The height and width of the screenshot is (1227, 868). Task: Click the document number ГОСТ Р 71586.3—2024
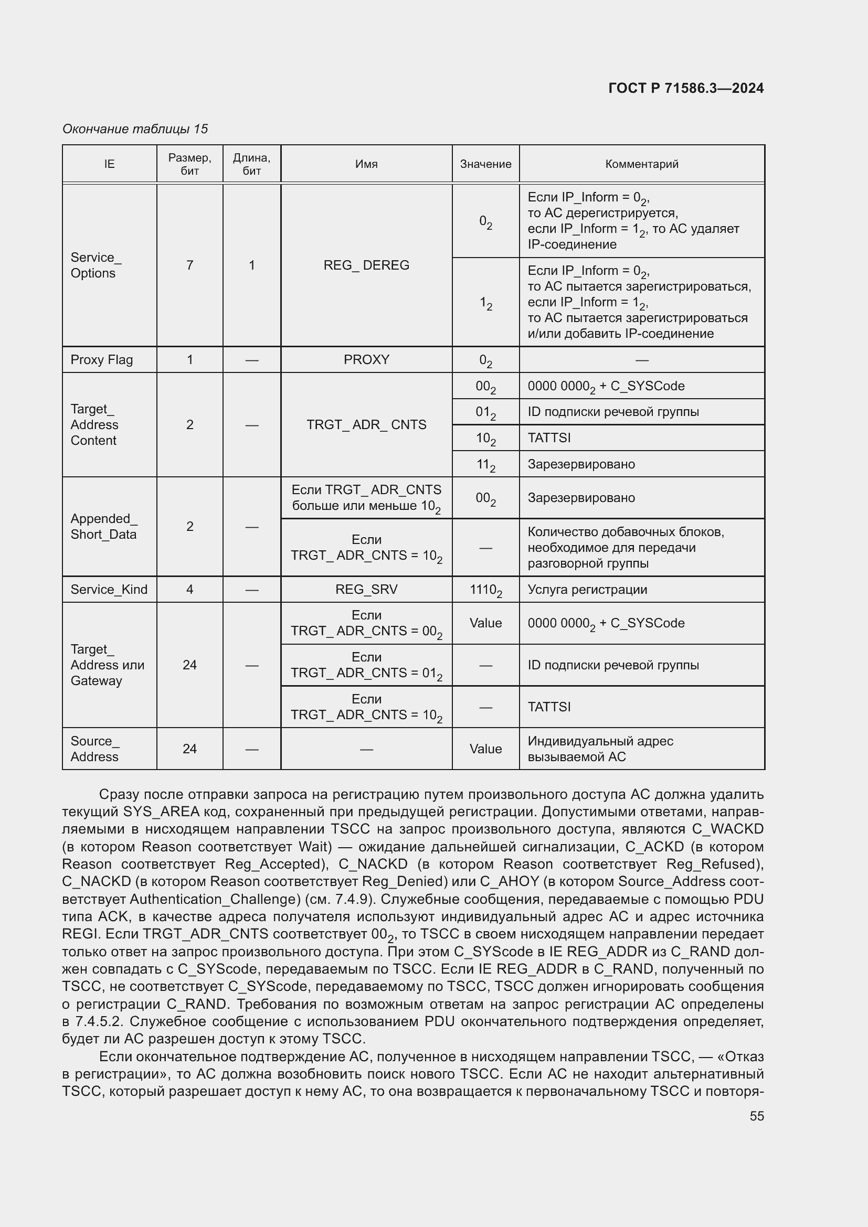pyautogui.click(x=686, y=88)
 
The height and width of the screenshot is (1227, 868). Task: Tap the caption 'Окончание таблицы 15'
pyautogui.click(x=135, y=129)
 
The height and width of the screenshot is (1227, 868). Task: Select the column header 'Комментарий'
pyautogui.click(x=641, y=164)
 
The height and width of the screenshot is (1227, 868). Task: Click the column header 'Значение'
pyautogui.click(x=485, y=164)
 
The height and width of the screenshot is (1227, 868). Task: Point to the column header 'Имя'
pyautogui.click(x=366, y=164)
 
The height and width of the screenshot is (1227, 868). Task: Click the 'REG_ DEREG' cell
pyautogui.click(x=366, y=265)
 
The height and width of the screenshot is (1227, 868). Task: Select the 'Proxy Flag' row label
pyautogui.click(x=102, y=360)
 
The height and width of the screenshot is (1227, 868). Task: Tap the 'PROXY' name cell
pyautogui.click(x=366, y=360)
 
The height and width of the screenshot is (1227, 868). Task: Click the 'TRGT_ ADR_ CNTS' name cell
pyautogui.click(x=366, y=425)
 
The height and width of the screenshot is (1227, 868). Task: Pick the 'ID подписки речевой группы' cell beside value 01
pyautogui.click(x=613, y=412)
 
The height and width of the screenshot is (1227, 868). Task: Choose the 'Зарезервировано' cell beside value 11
pyautogui.click(x=581, y=464)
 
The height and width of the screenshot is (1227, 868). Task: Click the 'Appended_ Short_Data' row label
pyautogui.click(x=104, y=526)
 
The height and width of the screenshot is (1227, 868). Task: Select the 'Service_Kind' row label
pyautogui.click(x=109, y=590)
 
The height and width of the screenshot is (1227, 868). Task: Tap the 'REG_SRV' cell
pyautogui.click(x=366, y=590)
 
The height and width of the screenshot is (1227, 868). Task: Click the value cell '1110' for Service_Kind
pyautogui.click(x=485, y=590)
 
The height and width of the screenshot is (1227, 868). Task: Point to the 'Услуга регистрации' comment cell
pyautogui.click(x=587, y=590)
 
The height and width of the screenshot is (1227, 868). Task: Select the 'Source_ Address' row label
pyautogui.click(x=95, y=749)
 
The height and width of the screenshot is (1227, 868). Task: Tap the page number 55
pyautogui.click(x=756, y=1116)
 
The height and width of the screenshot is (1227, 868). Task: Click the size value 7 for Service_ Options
pyautogui.click(x=190, y=265)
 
